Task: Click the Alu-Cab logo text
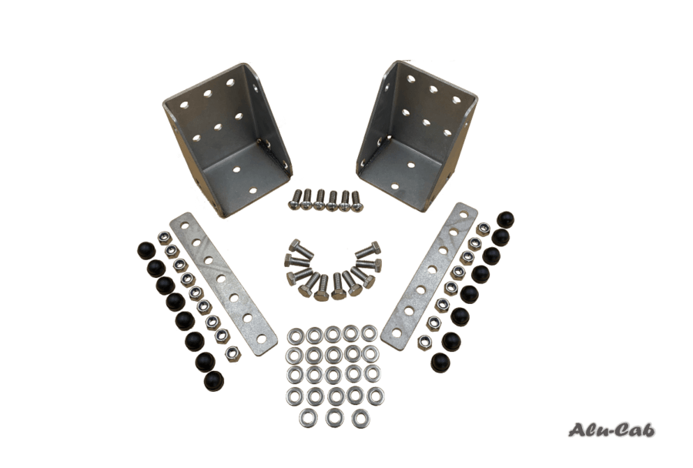tap(611, 430)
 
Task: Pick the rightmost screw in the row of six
tap(356, 201)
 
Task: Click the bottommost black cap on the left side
tap(214, 380)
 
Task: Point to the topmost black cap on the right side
tap(506, 220)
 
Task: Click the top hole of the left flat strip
tap(184, 226)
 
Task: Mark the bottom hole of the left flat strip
tap(262, 339)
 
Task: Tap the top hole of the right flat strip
tap(464, 214)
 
